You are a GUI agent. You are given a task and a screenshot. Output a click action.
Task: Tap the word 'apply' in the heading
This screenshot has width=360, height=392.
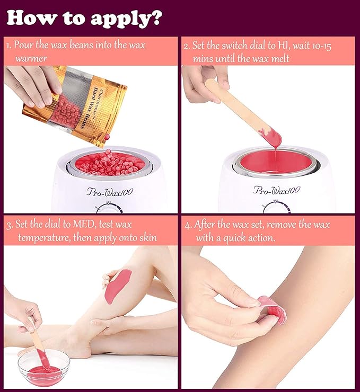[x=120, y=19]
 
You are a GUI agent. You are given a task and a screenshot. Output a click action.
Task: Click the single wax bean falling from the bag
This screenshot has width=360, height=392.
[x=107, y=137]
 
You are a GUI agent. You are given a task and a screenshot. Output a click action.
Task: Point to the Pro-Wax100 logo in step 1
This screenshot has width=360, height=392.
[x=110, y=192]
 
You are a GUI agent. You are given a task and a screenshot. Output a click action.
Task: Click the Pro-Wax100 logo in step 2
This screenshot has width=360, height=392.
[x=276, y=190]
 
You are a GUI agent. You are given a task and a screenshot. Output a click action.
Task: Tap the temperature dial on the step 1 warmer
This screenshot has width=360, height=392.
[x=109, y=208]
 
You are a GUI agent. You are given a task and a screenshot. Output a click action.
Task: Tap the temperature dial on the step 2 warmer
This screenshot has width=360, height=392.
[x=276, y=207]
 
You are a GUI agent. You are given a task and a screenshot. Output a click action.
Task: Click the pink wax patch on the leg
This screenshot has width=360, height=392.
[x=118, y=286]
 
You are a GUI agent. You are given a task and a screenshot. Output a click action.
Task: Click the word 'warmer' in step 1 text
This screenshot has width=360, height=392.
[x=31, y=58]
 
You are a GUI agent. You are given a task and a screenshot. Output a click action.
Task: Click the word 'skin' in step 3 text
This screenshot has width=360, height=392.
[x=148, y=237]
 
